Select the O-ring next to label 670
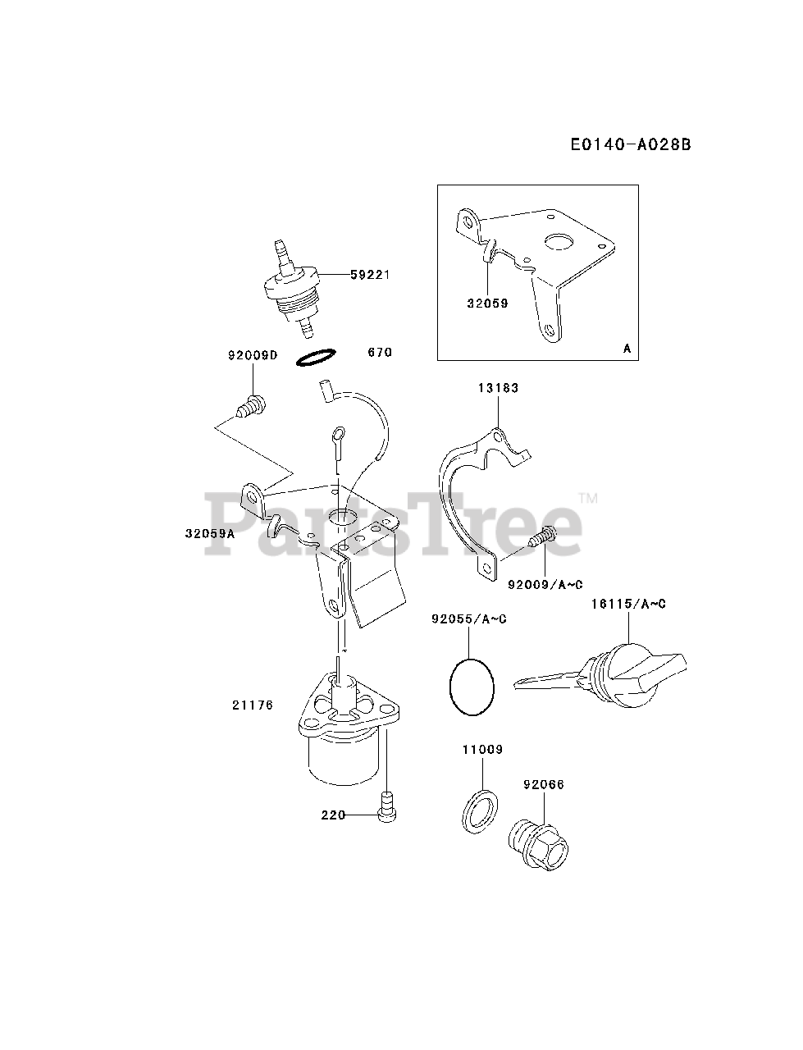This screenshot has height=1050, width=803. click(x=316, y=358)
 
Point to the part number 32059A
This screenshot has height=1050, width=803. click(x=210, y=533)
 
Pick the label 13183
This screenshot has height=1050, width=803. click(x=500, y=388)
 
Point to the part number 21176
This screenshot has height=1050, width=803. click(x=253, y=705)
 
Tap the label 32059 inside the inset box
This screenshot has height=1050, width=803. click(x=488, y=304)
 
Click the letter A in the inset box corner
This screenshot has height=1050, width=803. click(x=627, y=349)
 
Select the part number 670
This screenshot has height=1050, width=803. click(x=380, y=352)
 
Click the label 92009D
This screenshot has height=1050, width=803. click(x=253, y=356)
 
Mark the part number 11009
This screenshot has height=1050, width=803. click(x=482, y=750)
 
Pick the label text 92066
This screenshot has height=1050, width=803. click(x=544, y=784)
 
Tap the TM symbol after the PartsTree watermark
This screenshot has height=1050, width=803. click(x=588, y=498)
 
